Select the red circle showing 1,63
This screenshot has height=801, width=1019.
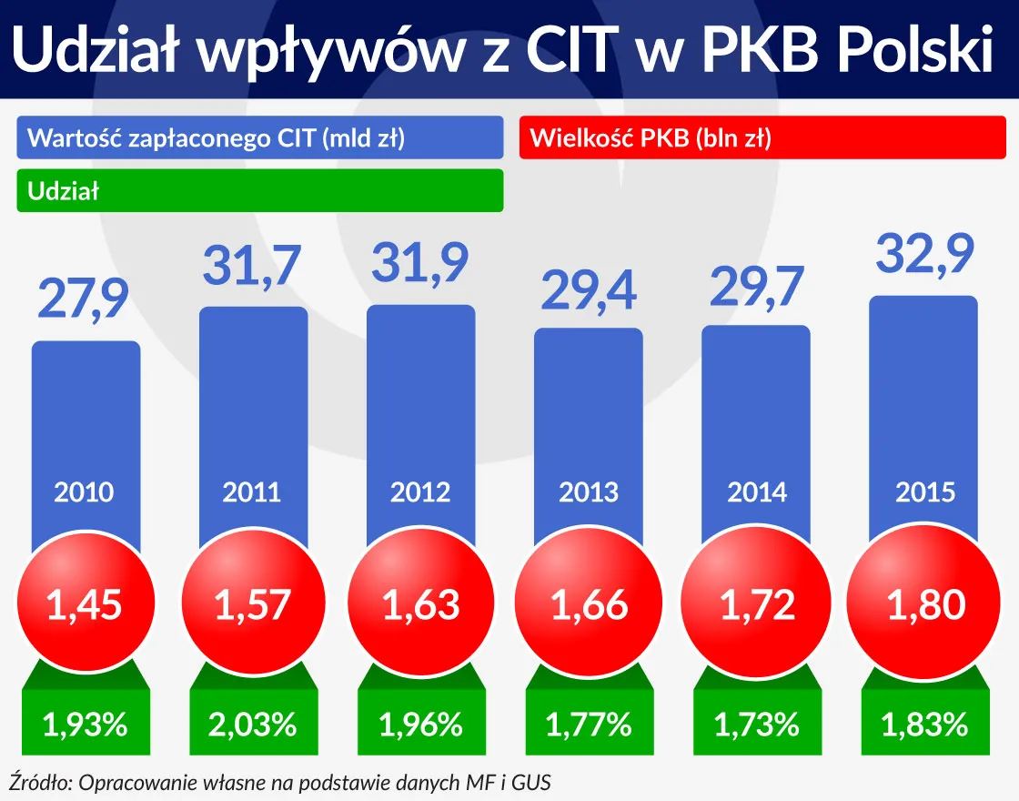coord(420,604)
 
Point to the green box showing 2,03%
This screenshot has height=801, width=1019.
coord(252,725)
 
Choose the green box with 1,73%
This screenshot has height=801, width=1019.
coord(756,725)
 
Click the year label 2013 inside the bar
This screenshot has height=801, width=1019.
coord(588,492)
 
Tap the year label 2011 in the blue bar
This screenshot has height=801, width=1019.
coord(252,492)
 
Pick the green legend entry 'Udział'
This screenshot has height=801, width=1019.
coord(260,191)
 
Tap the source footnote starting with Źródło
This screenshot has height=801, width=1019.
coord(280,782)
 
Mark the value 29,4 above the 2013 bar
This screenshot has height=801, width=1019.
coord(588,289)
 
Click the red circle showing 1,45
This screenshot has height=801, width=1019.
coord(85,604)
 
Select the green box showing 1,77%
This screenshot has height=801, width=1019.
coord(588,725)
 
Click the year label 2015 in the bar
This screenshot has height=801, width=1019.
coord(925,492)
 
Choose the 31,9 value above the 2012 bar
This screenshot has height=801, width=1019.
coord(420,261)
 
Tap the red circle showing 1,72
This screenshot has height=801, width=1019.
coord(756,604)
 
